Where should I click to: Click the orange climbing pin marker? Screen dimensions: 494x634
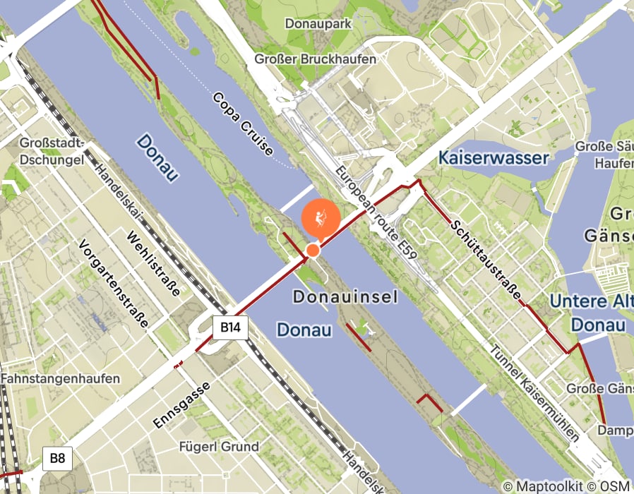click(x=321, y=218)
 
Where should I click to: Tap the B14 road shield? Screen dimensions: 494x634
click(x=230, y=327)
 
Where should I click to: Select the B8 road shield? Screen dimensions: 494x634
click(x=57, y=459)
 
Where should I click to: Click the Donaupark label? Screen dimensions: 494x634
click(x=318, y=23)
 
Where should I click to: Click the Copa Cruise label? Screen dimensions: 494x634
click(x=242, y=124)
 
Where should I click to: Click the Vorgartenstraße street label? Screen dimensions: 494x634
click(x=114, y=284)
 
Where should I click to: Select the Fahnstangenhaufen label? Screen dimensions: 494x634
click(x=60, y=379)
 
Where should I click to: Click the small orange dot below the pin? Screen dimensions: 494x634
click(x=313, y=250)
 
